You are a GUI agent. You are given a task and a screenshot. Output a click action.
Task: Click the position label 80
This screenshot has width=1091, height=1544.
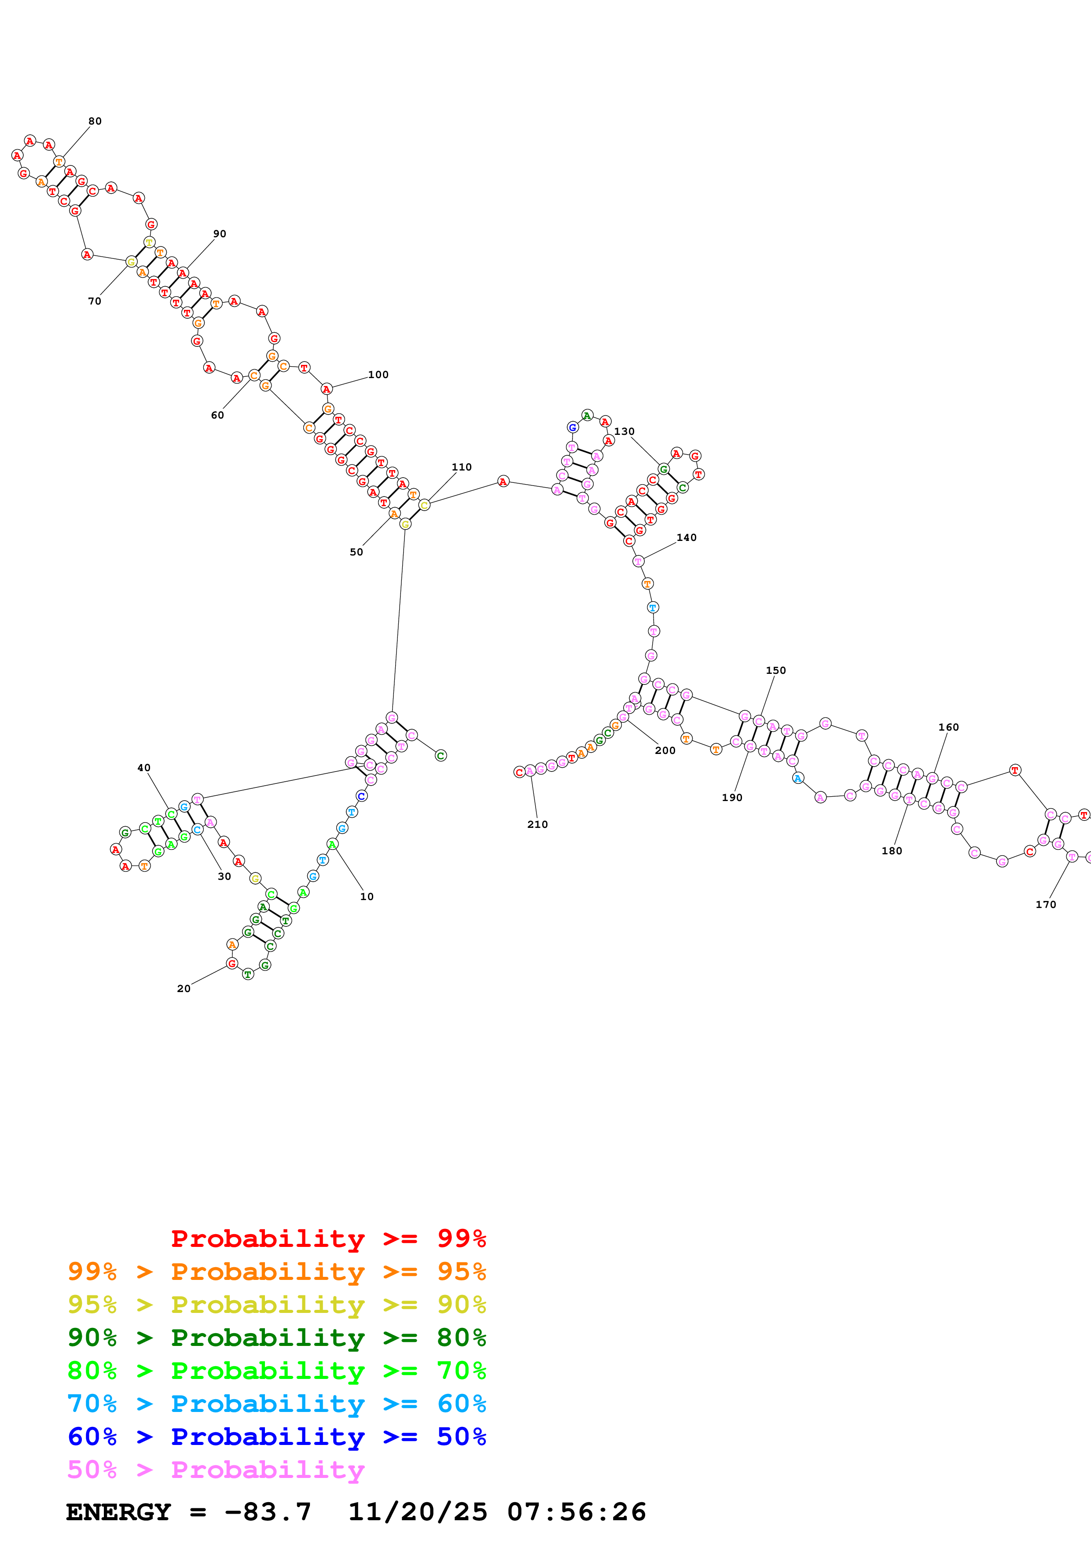coord(95,121)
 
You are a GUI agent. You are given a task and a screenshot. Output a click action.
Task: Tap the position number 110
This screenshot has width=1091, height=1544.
coord(461,467)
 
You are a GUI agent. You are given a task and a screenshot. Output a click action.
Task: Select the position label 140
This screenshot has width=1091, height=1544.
coord(686,537)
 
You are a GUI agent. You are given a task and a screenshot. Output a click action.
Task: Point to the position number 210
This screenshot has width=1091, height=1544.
coord(537,824)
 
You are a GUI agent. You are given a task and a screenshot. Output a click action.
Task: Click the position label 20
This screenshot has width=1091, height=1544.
coord(184,989)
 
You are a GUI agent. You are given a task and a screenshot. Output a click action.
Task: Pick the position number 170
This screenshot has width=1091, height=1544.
coord(1045,904)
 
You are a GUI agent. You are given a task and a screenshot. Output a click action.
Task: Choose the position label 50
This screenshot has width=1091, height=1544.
coord(356,552)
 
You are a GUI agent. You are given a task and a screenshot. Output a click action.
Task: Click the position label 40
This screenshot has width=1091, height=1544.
coord(144,768)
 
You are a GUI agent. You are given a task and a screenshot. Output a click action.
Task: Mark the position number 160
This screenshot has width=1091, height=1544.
coord(948,727)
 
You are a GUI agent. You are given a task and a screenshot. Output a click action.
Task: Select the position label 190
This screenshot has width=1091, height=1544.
coord(732,798)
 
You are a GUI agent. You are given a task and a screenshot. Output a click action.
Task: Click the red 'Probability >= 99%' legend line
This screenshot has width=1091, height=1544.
coord(328,1239)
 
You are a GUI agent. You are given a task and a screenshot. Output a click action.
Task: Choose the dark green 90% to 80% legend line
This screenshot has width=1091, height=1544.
coord(276,1338)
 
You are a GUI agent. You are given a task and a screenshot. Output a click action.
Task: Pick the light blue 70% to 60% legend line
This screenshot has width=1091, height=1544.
coord(276,1404)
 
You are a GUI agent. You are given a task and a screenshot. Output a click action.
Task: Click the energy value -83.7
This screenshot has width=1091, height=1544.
coord(268,1512)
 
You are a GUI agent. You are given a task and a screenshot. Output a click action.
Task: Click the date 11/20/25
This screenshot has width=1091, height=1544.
coord(418,1512)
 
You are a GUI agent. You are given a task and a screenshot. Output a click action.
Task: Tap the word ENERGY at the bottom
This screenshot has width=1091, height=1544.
coord(118,1512)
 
